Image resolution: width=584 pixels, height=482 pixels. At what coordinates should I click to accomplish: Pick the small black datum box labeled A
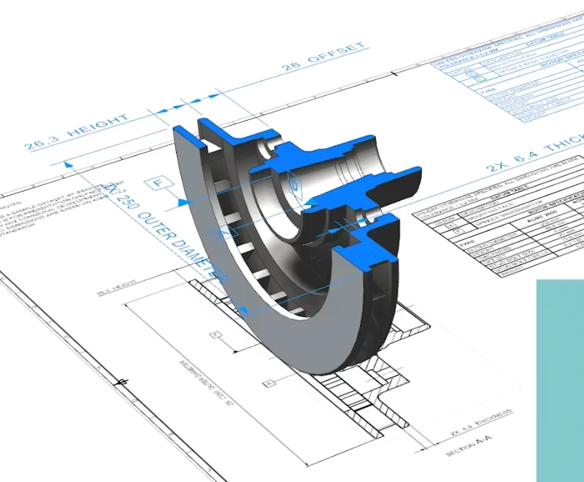pos(268,383)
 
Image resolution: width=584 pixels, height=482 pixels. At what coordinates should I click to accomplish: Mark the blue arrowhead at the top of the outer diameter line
pos(68,164)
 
